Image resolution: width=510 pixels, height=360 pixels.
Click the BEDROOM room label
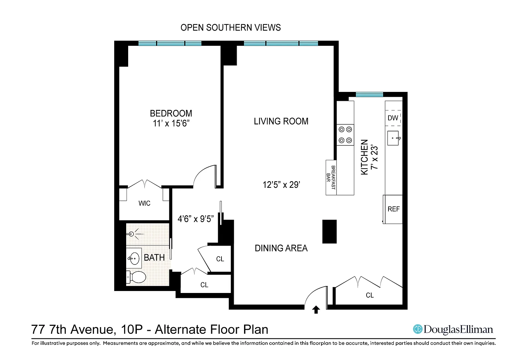[171, 113]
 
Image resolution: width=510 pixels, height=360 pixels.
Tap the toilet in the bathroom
[136, 277]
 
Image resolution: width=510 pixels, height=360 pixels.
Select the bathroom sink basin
[134, 258]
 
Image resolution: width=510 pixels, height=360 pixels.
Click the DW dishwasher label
[393, 118]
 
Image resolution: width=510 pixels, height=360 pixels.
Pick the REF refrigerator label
[394, 209]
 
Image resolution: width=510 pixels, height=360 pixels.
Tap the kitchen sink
[393, 138]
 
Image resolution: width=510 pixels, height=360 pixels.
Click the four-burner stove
[345, 135]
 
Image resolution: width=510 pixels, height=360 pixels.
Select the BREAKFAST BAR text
[331, 177]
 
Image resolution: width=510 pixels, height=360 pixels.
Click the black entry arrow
[316, 310]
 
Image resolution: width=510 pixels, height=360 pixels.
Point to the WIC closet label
[144, 203]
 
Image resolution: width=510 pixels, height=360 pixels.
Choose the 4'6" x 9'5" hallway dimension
[196, 219]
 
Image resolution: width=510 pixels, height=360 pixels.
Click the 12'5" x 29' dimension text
[282, 184]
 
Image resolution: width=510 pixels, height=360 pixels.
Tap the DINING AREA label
[281, 248]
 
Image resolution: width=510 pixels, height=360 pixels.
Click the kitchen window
[369, 95]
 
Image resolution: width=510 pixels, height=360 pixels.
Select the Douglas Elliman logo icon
[418, 329]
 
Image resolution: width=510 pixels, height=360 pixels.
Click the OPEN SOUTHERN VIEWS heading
[231, 28]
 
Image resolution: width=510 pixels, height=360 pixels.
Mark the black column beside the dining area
[329, 232]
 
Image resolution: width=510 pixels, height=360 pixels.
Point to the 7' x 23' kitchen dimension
[375, 157]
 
